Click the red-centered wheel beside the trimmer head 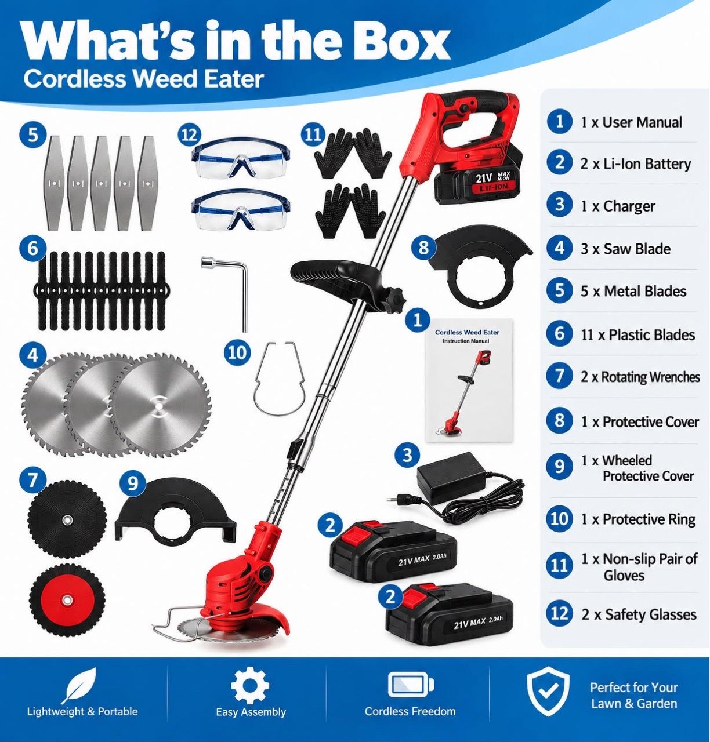(67, 601)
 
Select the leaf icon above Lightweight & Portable (79, 685)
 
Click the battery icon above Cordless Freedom (411, 685)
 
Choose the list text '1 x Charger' (618, 206)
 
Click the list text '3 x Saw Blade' (625, 249)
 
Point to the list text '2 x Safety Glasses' (639, 614)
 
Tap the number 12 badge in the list (559, 613)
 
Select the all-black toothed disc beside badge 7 (67, 519)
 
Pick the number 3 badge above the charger (407, 455)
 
